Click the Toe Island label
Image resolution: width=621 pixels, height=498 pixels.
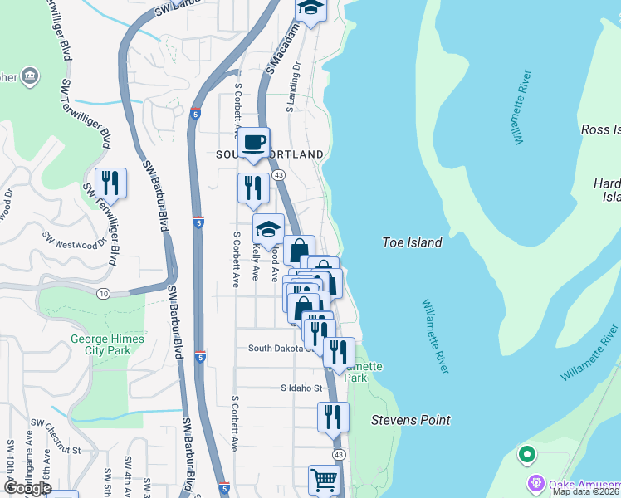coord(412,242)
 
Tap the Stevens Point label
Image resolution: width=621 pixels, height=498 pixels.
coord(410,420)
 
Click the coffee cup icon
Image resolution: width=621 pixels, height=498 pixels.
coord(254,142)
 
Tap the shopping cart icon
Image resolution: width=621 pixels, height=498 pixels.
coord(324,480)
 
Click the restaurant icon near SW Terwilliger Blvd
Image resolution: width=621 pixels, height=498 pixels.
coord(110,183)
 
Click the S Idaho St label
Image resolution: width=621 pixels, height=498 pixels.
coord(301,388)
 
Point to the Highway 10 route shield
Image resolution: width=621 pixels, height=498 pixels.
coord(103,294)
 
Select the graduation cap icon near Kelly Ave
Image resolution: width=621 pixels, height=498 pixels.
coord(269,228)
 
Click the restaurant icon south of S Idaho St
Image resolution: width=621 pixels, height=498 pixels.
coord(333,417)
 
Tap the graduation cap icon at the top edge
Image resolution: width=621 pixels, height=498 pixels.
coord(310,8)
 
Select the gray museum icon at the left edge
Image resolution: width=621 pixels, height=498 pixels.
coord(32,77)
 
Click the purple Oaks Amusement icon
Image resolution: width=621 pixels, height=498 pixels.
coord(535,482)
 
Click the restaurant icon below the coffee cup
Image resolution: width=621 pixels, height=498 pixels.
coord(253,188)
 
